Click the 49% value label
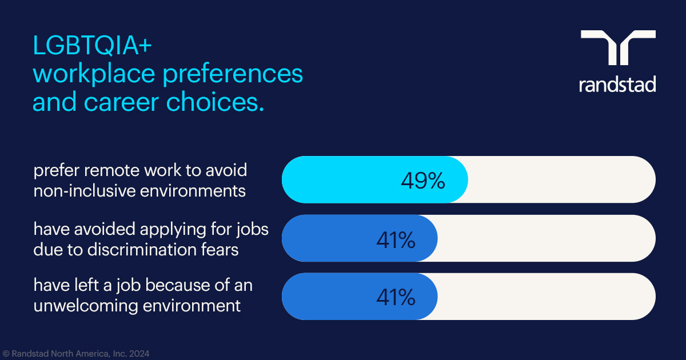click(x=422, y=181)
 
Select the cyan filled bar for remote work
click(x=343, y=179)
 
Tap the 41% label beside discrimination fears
click(x=395, y=240)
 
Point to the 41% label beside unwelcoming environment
click(x=395, y=297)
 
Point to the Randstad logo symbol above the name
click(x=618, y=47)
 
